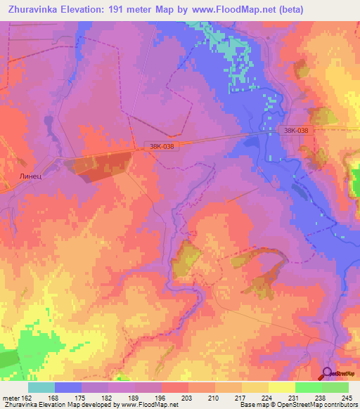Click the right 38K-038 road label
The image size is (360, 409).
[296, 130]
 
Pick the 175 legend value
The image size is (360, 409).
[94, 397]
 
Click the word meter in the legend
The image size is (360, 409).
[13, 397]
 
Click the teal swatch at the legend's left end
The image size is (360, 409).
[41, 387]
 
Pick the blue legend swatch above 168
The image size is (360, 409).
[68, 387]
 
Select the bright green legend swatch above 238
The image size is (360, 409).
[309, 387]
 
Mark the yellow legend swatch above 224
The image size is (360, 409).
[255, 387]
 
